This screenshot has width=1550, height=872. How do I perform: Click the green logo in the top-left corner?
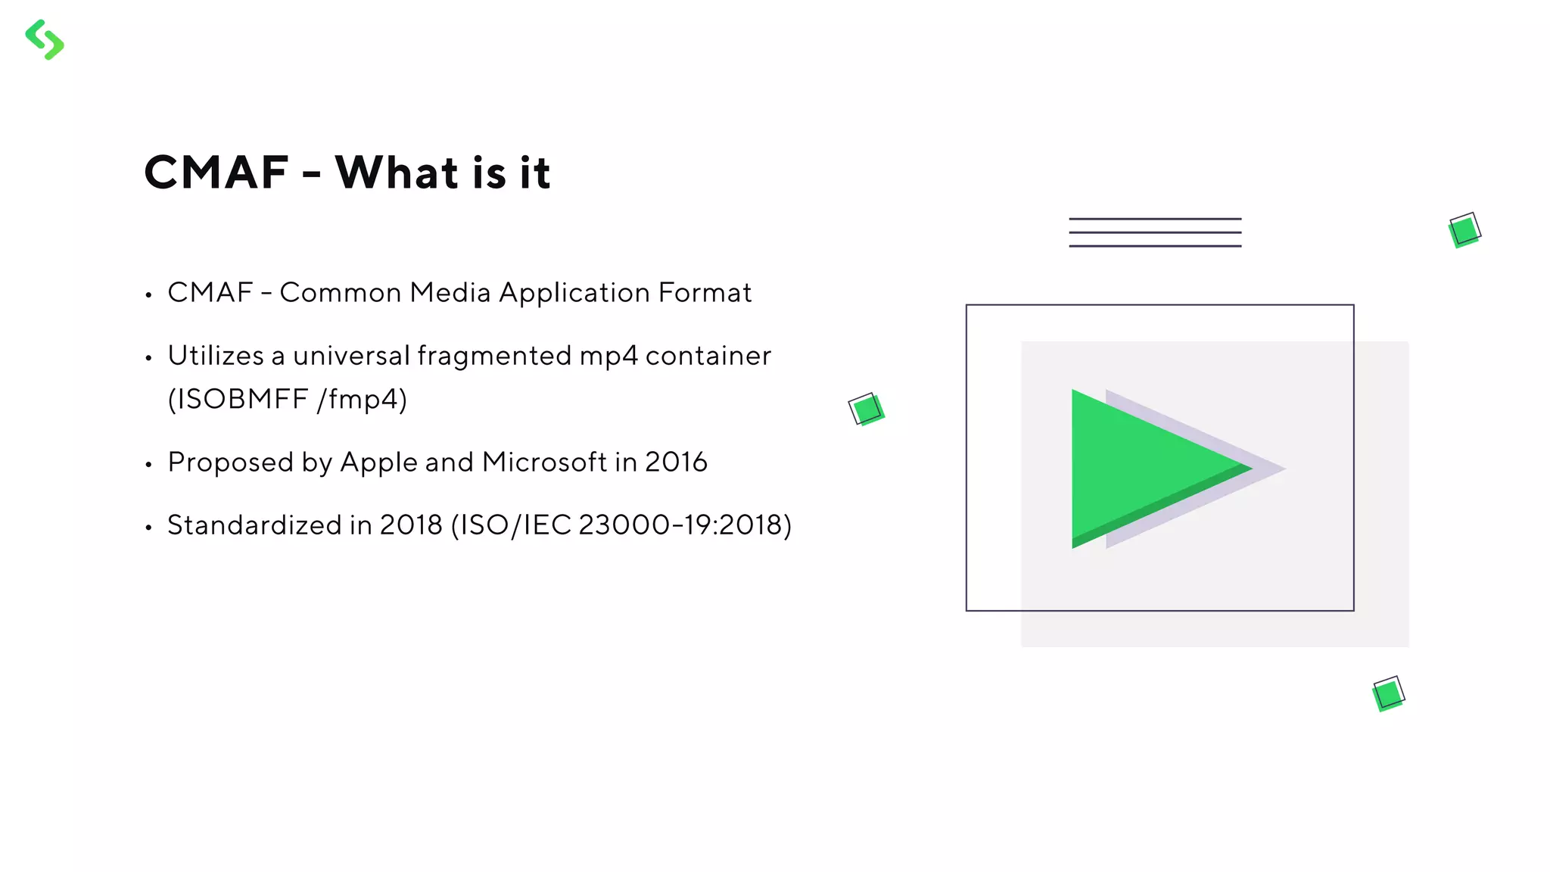(x=45, y=39)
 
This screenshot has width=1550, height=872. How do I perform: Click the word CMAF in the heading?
(x=216, y=173)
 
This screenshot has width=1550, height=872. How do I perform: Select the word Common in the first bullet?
(x=340, y=293)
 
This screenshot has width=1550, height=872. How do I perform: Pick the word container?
(x=708, y=356)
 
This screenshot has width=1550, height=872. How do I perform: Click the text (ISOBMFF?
(x=238, y=399)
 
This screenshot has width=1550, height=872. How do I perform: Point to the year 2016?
(x=676, y=462)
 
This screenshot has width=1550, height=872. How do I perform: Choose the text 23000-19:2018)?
(x=685, y=525)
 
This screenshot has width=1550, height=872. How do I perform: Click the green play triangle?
(x=1143, y=468)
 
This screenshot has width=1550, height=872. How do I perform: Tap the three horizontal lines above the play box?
(x=1155, y=232)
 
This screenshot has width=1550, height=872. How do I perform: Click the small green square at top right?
(x=1464, y=230)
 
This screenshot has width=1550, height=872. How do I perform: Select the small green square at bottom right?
(x=1388, y=693)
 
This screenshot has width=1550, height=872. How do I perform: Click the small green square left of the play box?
(x=867, y=410)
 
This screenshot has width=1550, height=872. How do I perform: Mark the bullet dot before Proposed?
(x=149, y=465)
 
